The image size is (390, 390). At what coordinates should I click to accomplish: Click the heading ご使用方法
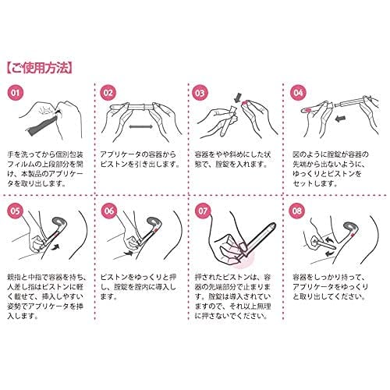40,68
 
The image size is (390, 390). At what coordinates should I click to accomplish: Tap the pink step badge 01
16,93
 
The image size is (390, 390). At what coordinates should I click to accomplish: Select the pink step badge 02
108,93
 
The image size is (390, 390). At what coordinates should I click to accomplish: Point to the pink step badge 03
200,93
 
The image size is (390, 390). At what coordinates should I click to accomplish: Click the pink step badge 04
298,93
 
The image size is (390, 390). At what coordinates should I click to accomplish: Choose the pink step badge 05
16,211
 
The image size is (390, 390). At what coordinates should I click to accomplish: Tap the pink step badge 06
109,211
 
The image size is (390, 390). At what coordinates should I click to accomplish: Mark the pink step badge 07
203,211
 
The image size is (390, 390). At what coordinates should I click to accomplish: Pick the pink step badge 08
297,211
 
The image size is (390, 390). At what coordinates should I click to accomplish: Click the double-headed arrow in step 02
140,126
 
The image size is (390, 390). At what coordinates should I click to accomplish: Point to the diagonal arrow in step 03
237,98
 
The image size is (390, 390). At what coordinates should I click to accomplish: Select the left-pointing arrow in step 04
340,119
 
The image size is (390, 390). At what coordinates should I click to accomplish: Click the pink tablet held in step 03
244,104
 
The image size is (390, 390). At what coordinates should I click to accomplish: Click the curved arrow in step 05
56,247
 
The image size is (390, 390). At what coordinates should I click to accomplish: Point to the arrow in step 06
129,253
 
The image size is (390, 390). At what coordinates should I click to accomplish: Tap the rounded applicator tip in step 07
272,226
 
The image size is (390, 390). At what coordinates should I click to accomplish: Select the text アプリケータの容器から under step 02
138,154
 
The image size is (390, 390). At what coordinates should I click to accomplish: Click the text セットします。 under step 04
315,183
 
